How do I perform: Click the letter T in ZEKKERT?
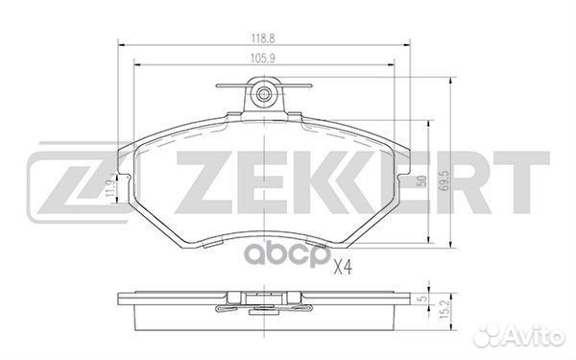coord(524,180)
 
